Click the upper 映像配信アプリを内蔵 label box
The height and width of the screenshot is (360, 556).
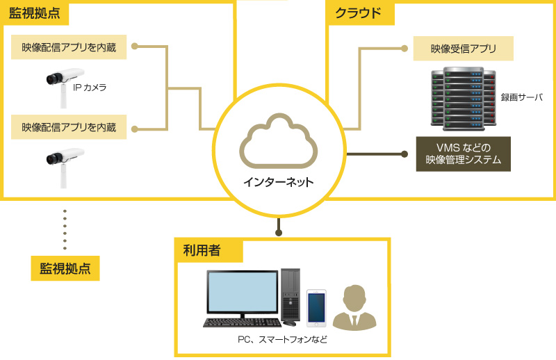pos(69,48)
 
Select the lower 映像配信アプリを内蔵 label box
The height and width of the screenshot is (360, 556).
pos(69,128)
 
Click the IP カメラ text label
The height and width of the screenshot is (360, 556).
pos(90,88)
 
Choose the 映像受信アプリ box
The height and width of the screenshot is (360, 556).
pos(463,49)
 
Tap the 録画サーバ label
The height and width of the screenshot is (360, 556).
pos(522,97)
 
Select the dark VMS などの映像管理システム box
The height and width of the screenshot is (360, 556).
pos(463,154)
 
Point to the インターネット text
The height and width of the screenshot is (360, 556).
pos(278,183)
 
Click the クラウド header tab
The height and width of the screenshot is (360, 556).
pos(359,13)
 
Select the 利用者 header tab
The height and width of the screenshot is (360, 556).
pos(202,249)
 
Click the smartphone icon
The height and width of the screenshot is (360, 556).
pos(316,308)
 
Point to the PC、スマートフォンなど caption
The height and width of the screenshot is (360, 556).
pos(281,340)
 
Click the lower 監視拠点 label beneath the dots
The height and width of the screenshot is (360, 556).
pos(65,268)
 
